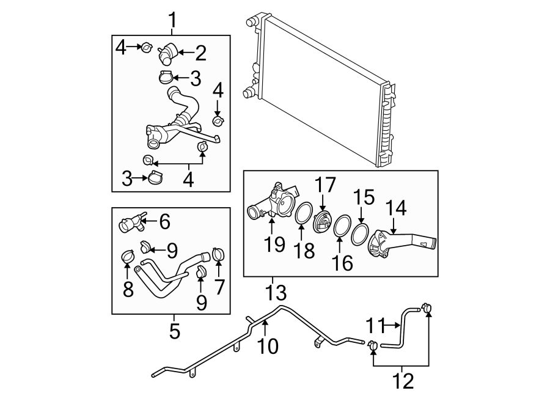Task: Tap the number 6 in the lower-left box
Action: tap(164, 222)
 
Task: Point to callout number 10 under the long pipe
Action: tap(268, 346)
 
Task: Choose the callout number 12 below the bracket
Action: tap(403, 381)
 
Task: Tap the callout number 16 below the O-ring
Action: tap(343, 263)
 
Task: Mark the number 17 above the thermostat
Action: tap(324, 185)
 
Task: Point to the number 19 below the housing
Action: tap(274, 244)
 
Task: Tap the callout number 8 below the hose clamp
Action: tap(128, 288)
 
